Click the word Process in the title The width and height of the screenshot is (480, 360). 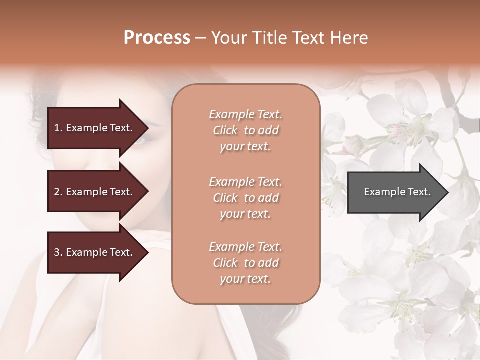pos(157,38)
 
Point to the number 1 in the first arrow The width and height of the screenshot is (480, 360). pos(57,128)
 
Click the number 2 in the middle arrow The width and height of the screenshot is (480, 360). pos(57,192)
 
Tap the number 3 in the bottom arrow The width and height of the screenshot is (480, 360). pos(57,252)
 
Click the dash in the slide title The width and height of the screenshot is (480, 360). pos(200,38)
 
